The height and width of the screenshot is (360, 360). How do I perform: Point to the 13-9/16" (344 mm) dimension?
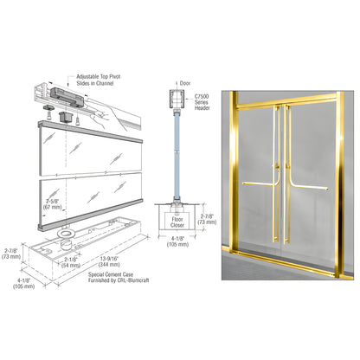click(x=111, y=261)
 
